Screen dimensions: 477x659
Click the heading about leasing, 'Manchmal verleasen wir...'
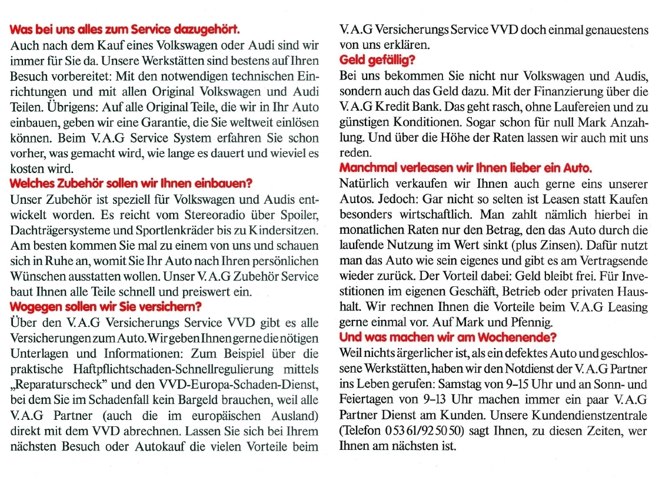(465, 168)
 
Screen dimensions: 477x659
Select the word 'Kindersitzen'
(283, 228)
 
